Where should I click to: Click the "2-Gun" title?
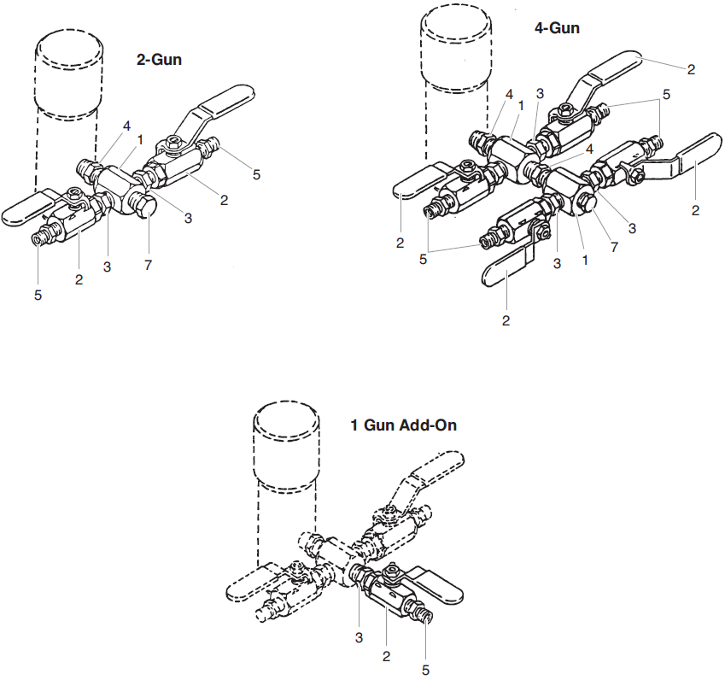(x=160, y=60)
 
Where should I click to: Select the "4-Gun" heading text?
(x=557, y=28)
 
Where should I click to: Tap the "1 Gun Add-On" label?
(x=403, y=425)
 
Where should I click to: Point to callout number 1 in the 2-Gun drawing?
(x=139, y=138)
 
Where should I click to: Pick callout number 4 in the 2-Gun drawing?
(x=126, y=126)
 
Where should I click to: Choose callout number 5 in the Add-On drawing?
(x=425, y=670)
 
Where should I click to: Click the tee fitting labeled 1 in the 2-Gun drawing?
(x=115, y=183)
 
